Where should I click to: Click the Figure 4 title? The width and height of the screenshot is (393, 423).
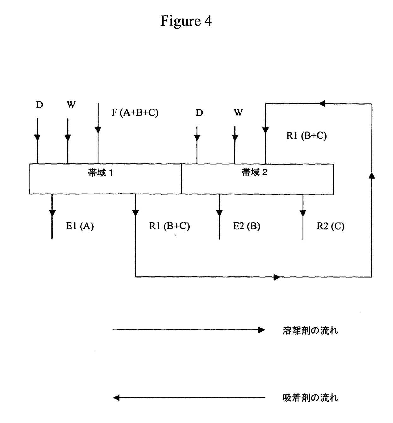(186, 21)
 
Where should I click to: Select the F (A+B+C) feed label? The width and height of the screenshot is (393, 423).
(135, 112)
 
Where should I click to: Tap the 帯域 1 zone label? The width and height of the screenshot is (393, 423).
(100, 173)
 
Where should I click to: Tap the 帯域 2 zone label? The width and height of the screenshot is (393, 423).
(254, 172)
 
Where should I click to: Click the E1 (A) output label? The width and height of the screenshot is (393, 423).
(80, 226)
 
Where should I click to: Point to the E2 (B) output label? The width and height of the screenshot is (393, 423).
(246, 226)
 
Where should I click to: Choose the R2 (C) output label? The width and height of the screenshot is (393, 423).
(330, 226)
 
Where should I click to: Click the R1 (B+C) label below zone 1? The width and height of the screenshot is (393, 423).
(169, 226)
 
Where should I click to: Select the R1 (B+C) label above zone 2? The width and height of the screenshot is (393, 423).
(306, 136)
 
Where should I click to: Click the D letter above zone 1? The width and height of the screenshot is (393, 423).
(39, 105)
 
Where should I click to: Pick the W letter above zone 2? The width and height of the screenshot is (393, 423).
(238, 112)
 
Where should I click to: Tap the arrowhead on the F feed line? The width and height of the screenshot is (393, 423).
(98, 130)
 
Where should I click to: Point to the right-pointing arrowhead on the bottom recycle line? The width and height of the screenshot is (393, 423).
(276, 277)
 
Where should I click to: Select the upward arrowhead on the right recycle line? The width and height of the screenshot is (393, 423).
(372, 175)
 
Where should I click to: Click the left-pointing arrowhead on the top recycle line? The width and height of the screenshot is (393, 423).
(322, 103)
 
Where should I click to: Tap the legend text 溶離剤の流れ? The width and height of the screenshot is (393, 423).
(310, 331)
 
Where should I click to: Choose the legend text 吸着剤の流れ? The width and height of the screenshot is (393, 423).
(310, 398)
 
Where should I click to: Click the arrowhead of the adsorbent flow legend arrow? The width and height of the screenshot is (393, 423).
(117, 398)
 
